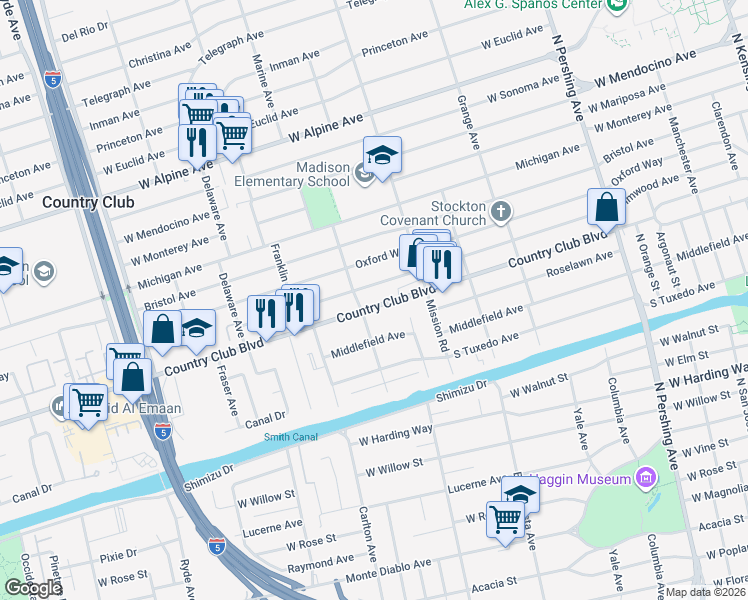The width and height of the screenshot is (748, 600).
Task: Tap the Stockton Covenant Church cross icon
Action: pos(501,212)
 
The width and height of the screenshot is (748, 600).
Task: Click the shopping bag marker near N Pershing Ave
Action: pos(606,208)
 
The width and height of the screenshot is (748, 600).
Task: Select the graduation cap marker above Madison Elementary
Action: pos(382,155)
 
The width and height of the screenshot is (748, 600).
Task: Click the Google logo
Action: pos(33,588)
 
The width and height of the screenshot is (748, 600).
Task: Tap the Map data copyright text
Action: pos(706,592)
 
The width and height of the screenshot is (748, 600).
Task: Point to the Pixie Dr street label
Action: pos(117,553)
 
